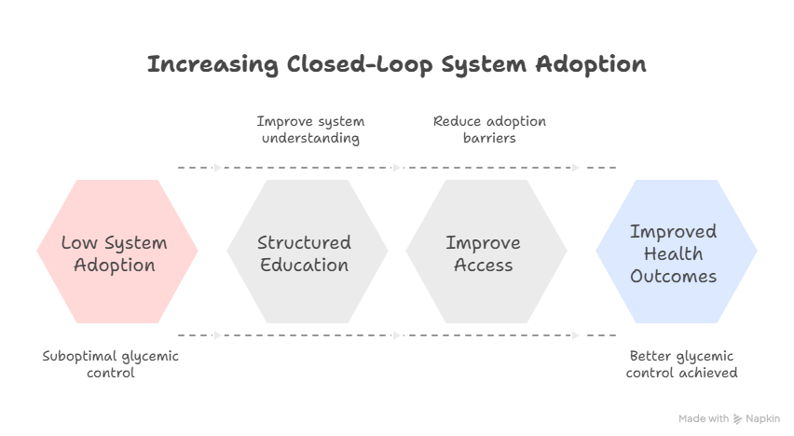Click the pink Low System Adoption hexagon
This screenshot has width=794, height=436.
[116, 252]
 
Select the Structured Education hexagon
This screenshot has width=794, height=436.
[307, 252]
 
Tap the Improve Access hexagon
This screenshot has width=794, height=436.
[486, 252]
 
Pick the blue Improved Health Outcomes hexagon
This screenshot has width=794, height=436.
[676, 252]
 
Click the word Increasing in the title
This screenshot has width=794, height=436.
[212, 65]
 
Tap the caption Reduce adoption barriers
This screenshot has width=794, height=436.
[488, 130]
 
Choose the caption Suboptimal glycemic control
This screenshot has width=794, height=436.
[110, 364]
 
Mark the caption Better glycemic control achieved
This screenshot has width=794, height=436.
[681, 364]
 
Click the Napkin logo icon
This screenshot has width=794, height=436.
[738, 419]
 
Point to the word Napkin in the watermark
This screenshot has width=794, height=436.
[764, 419]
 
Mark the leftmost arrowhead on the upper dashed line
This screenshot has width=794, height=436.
[219, 168]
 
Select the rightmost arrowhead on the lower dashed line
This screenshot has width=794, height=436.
[576, 334]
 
